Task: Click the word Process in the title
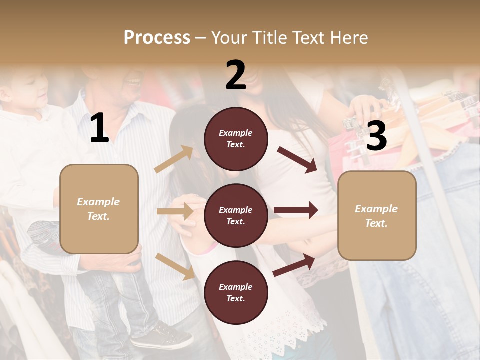157,38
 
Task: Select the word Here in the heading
348,38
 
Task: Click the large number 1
99,129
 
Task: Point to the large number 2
236,76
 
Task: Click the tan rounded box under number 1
99,209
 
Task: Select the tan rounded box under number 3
377,216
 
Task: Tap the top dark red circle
236,138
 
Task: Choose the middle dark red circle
236,215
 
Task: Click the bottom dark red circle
236,292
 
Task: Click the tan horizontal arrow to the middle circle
175,211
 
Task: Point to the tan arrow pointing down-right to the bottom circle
175,266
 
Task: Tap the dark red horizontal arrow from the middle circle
296,210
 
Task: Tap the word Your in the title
228,38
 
